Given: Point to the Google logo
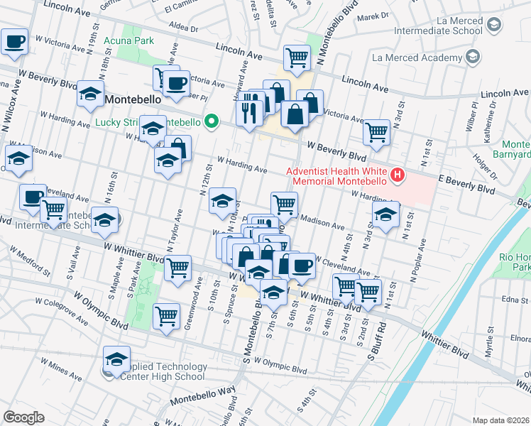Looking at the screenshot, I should (x=23, y=417).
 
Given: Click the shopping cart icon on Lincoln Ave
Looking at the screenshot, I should (x=296, y=58).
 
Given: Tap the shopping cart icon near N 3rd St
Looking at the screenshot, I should (x=376, y=131).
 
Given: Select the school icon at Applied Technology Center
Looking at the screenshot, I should (x=116, y=359).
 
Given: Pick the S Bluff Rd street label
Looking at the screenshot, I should (x=375, y=339).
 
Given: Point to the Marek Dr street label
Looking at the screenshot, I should (x=375, y=16).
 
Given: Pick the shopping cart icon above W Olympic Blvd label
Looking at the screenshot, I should (x=166, y=316).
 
